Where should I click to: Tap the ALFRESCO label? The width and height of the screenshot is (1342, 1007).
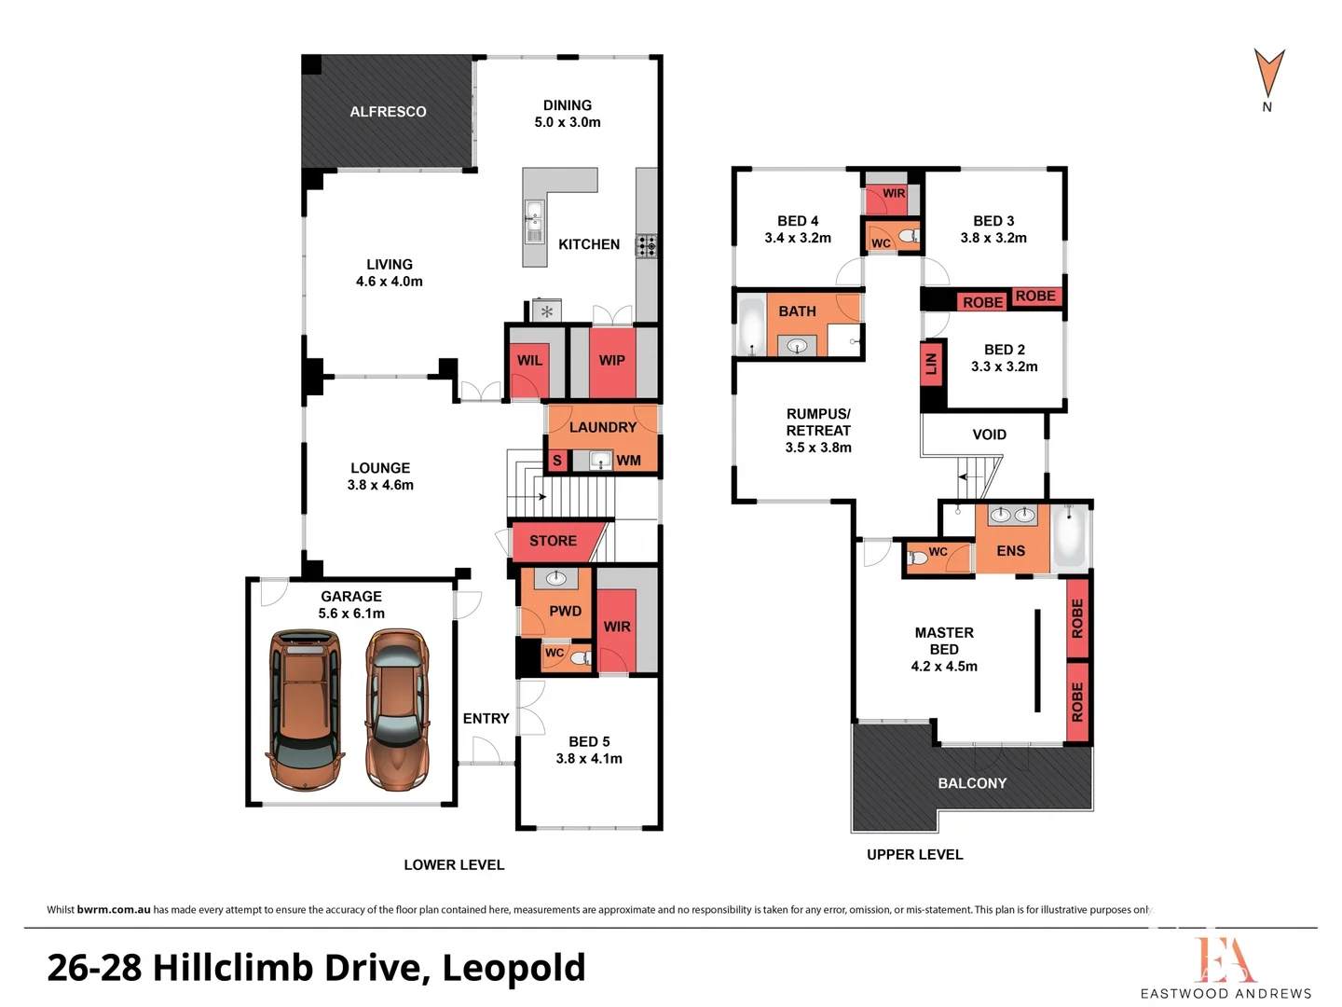point(388,112)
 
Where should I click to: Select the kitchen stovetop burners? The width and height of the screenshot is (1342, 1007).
point(646,246)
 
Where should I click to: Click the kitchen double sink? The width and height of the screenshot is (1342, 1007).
point(534,221)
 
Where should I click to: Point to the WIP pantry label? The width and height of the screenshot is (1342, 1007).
point(612,361)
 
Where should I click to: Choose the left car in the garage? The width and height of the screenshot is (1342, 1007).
point(305,710)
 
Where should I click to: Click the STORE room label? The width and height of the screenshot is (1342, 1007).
point(553,541)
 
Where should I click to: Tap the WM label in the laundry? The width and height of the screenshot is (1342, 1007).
point(628,461)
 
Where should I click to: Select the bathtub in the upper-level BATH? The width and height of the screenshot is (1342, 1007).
point(752,325)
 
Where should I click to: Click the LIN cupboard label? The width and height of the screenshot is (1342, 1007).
point(931,364)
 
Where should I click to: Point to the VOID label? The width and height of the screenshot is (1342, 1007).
point(989,435)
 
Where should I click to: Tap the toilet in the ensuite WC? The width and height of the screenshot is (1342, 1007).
point(919,558)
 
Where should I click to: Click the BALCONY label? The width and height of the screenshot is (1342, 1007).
point(972,783)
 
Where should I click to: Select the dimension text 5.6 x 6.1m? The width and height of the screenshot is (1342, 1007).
point(351,614)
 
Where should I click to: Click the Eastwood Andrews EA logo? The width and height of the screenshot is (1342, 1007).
point(1226,959)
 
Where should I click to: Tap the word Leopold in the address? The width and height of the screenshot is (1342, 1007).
point(514,969)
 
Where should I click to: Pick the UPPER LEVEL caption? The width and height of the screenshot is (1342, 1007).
point(914,855)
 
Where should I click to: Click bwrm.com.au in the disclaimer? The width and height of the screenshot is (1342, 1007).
point(114,910)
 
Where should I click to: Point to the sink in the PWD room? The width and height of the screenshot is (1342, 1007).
point(555,577)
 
